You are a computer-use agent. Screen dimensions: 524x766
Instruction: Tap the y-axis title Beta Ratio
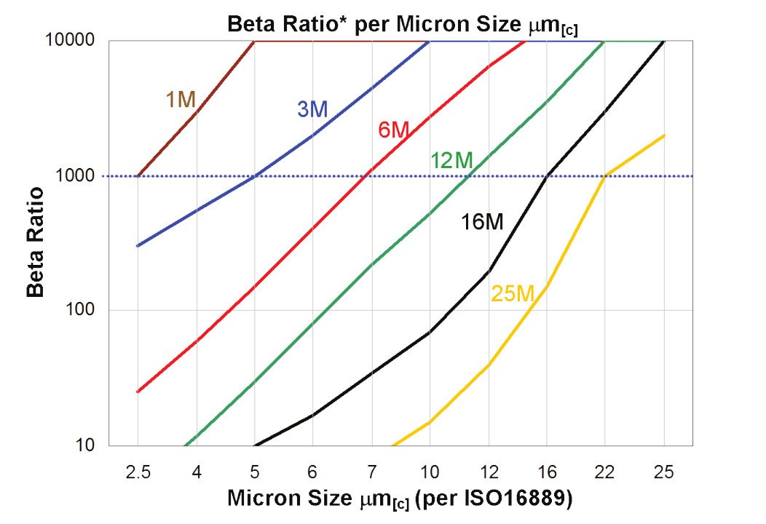(x=35, y=242)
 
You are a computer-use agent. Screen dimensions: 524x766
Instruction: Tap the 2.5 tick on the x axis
(x=138, y=472)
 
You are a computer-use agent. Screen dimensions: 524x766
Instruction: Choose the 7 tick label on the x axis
(x=371, y=472)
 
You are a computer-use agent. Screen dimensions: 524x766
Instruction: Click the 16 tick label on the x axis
(x=547, y=472)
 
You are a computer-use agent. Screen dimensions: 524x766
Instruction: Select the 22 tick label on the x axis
(x=605, y=472)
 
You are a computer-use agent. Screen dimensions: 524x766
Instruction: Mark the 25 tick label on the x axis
(x=663, y=472)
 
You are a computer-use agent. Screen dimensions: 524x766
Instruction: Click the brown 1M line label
(x=181, y=100)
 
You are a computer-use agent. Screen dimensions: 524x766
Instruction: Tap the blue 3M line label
(x=312, y=109)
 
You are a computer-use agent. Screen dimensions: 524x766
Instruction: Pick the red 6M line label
(x=394, y=130)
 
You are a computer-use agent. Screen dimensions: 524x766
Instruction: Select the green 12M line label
(x=451, y=161)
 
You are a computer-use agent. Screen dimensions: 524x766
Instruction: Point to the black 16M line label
(x=482, y=223)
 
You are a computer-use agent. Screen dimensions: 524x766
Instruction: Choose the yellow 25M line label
(x=513, y=293)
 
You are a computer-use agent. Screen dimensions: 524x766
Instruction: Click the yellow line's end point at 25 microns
(x=664, y=135)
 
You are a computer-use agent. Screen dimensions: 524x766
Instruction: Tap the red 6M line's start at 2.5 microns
(x=138, y=392)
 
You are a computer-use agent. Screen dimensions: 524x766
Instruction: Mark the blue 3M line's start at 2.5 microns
(x=138, y=246)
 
